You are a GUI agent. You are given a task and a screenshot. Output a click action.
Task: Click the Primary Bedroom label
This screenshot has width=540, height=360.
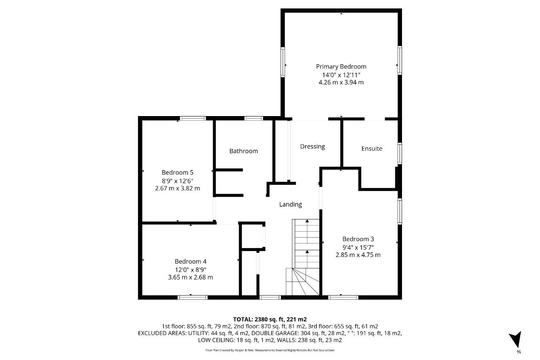tap(341, 67)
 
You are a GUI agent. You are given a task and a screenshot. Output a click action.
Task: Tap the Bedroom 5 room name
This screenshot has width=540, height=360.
tap(178, 173)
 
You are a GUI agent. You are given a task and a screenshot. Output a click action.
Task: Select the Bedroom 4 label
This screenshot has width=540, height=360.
tap(190, 261)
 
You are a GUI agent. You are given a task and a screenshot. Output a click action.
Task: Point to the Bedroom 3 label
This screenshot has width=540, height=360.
tap(358, 239)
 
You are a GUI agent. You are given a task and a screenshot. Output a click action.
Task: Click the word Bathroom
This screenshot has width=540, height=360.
tap(243, 151)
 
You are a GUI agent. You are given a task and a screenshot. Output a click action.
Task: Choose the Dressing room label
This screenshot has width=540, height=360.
tap(313, 146)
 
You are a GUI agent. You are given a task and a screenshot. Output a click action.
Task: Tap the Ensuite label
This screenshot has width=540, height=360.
tap(372, 149)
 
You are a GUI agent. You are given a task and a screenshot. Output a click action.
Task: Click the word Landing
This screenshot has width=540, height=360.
tap(291, 204)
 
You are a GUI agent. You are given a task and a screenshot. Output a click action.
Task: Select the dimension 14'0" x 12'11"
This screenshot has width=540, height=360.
tap(341, 75)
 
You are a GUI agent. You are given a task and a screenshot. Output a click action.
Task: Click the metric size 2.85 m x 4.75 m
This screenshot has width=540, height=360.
tap(358, 255)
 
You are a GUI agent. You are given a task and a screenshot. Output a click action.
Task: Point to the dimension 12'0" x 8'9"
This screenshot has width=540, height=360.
tap(190, 270)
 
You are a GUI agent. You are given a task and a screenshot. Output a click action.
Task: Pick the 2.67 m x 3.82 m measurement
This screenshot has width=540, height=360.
tap(178, 188)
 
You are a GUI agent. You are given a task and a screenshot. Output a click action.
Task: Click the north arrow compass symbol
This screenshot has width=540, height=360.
tap(516, 339)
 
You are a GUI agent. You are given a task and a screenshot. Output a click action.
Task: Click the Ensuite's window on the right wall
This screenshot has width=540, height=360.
tap(400, 153)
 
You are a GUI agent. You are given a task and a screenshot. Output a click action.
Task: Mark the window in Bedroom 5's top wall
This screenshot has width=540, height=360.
tap(193, 119)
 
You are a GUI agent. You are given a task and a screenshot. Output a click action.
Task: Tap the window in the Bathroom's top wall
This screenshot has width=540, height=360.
tap(254, 119)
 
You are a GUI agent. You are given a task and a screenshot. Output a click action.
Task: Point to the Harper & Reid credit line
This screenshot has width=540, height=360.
tap(270, 350)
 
